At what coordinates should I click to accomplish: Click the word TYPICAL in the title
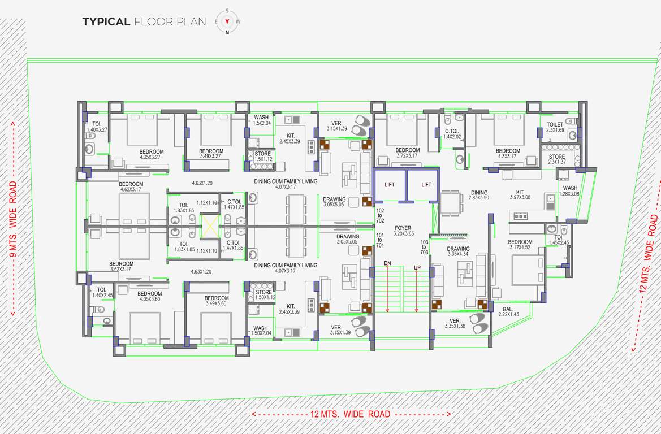106,22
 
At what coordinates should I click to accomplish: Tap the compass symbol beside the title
227,22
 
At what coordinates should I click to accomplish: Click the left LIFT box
390,185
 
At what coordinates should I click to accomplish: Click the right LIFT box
426,185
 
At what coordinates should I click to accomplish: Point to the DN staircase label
387,263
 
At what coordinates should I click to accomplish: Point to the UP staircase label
417,267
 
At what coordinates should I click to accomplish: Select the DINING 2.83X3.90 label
478,196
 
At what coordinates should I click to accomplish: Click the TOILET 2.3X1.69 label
555,127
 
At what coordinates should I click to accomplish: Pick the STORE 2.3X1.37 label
556,160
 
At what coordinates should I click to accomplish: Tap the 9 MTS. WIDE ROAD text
14,218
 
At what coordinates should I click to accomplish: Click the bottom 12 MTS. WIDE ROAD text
351,414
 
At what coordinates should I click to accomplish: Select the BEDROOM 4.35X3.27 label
151,154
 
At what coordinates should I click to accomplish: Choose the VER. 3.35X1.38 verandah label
456,324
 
